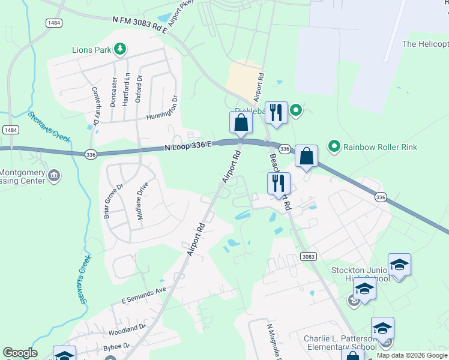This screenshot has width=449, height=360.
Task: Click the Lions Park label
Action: pos(91,50)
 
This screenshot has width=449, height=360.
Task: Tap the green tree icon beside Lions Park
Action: pos(121,49)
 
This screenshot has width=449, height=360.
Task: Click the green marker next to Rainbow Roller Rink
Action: pos(334,146)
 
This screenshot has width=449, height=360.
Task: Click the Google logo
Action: pos(20,353)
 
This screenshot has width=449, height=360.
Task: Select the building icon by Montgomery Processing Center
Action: pos(54,176)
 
